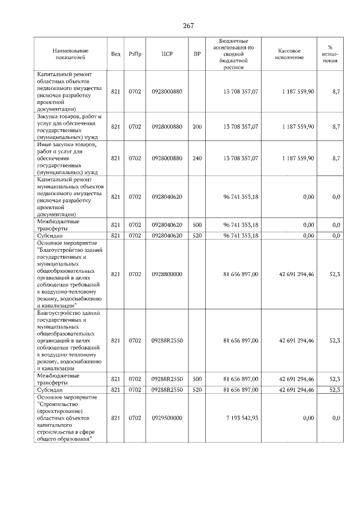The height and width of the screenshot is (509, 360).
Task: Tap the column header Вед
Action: pos(115,55)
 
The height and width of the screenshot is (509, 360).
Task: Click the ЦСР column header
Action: pos(166,55)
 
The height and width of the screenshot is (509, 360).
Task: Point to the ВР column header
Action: pos(197,55)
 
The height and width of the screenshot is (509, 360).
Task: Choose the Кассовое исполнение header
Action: pos(289,55)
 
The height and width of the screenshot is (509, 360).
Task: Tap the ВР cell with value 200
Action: pos(197,127)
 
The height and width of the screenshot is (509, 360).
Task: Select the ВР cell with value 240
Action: pos(197,159)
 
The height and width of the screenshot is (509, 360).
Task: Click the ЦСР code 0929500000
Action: pos(167,418)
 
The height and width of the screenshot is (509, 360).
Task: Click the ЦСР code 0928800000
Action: pos(167,274)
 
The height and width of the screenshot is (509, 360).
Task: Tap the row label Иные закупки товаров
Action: pos(68,158)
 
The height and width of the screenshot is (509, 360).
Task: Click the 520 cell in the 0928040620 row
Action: pos(197,236)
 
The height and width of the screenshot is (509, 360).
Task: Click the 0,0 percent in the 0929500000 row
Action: pos(336,418)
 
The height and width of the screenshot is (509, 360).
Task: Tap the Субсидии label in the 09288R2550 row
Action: pos(50,390)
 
